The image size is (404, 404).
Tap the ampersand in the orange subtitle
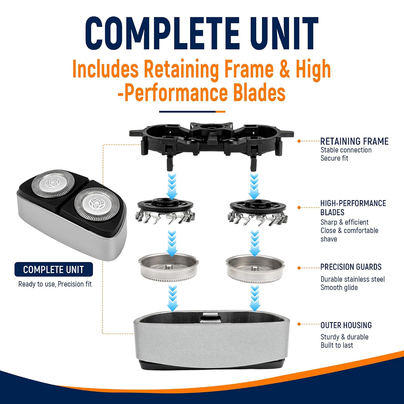tap(285, 69)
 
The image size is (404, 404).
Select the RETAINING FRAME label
tap(354, 141)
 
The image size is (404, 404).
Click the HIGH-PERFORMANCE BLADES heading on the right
tap(353, 208)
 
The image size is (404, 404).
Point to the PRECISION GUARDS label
tap(351, 267)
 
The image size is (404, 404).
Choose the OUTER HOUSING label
tap(346, 325)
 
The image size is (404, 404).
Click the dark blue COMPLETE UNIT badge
tap(54, 269)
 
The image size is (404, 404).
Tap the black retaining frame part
tap(211, 140)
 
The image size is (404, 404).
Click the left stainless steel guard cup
tap(169, 268)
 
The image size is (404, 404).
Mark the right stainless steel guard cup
tap(255, 268)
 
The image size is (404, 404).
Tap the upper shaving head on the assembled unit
tap(53, 183)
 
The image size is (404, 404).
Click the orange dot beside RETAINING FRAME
tap(299, 141)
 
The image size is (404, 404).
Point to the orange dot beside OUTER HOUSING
tap(299, 324)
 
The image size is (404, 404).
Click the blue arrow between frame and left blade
tap(172, 186)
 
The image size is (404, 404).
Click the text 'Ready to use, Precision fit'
tap(55, 284)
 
